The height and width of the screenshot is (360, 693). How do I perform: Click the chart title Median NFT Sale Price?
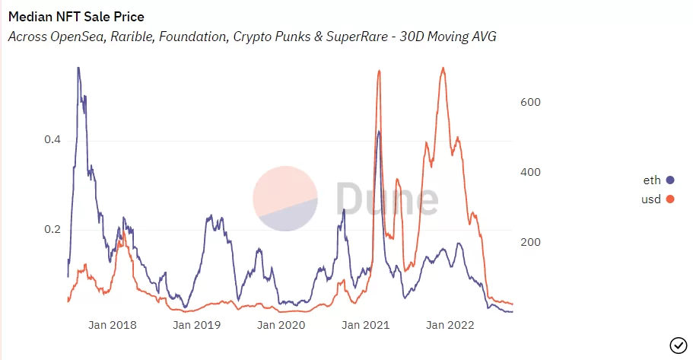[76, 16]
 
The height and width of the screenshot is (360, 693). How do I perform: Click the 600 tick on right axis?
[530, 102]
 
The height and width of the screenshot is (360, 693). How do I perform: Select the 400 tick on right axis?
[530, 172]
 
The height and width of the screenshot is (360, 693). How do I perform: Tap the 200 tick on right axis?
[530, 242]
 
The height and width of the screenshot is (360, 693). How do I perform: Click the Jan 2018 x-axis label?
[113, 325]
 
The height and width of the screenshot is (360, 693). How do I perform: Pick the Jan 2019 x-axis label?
[197, 325]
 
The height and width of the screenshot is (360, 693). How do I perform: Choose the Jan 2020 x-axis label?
[281, 325]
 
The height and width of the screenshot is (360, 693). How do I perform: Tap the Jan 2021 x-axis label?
[365, 325]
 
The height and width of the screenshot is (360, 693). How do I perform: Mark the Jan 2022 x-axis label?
[450, 325]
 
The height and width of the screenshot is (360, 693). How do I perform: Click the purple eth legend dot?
[670, 180]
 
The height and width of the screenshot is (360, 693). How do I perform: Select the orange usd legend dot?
[670, 199]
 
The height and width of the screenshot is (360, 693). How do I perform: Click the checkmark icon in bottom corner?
[677, 345]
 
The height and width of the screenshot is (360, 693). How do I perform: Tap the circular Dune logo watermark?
[285, 199]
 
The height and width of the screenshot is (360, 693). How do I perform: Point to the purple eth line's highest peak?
[78, 68]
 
